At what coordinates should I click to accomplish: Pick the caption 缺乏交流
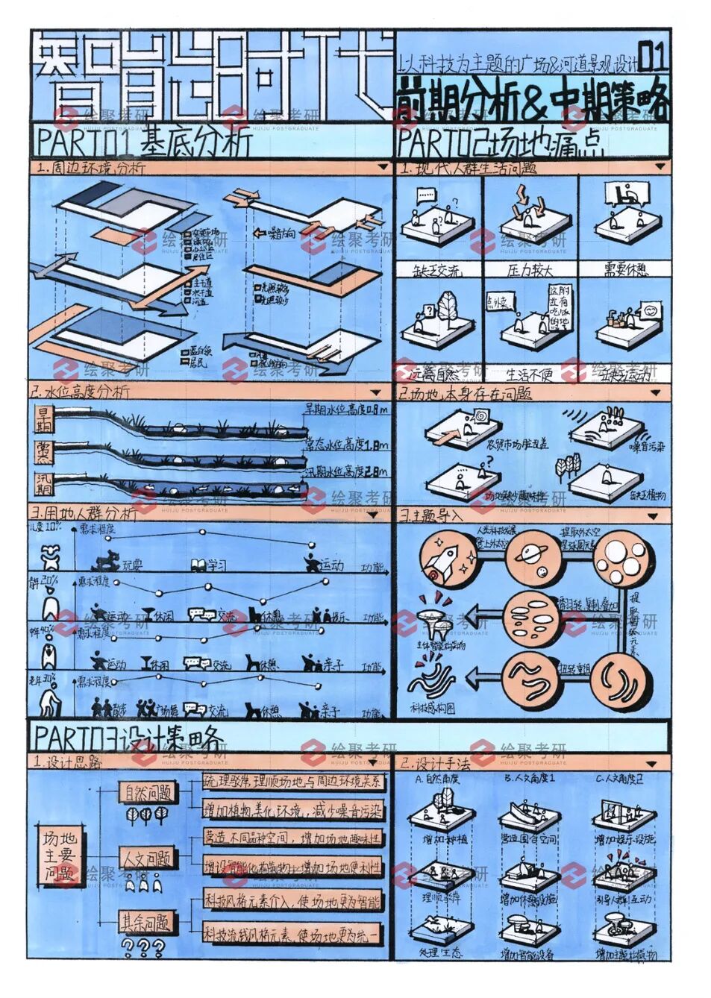437,269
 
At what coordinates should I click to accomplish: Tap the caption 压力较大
530,269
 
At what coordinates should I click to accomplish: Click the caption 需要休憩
625,269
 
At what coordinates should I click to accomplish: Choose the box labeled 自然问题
147,792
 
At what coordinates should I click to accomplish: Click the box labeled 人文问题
147,858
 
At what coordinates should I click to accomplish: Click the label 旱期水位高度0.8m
345,409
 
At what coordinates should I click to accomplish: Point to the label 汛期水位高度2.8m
345,471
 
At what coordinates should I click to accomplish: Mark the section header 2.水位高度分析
81,391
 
